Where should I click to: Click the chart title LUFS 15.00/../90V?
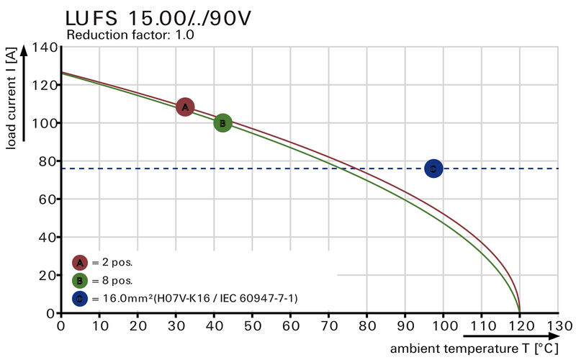click(x=158, y=17)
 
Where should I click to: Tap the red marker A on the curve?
click(x=185, y=107)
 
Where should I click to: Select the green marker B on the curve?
click(x=223, y=123)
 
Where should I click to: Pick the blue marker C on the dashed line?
click(x=433, y=169)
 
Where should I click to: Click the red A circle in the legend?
click(x=80, y=263)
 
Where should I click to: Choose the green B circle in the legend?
click(x=80, y=280)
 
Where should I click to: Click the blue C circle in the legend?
click(x=80, y=297)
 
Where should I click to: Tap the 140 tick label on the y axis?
click(x=45, y=48)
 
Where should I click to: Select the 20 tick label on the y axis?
click(x=48, y=275)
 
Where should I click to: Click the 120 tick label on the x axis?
click(x=520, y=326)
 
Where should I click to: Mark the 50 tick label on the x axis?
click(x=252, y=326)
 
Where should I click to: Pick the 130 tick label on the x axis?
click(x=558, y=326)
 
